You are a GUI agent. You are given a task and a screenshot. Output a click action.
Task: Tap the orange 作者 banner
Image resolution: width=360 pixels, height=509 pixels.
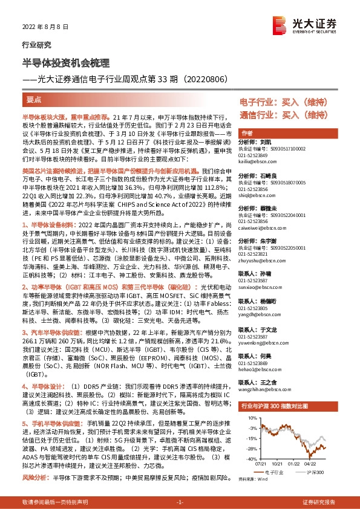246,133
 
